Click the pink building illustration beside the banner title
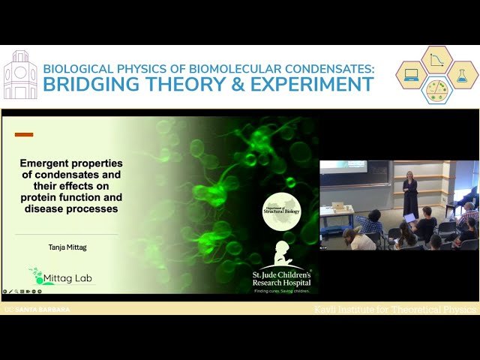click(20, 75)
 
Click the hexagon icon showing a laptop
click(411, 75)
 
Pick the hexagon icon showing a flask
click(463, 75)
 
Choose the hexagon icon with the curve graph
click(437, 60)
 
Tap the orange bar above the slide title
click(24, 135)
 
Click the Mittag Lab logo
click(53, 277)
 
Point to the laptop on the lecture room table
click(339, 205)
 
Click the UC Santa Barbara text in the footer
click(37, 309)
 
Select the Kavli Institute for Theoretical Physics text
click(394, 309)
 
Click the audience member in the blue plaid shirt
click(370, 223)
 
